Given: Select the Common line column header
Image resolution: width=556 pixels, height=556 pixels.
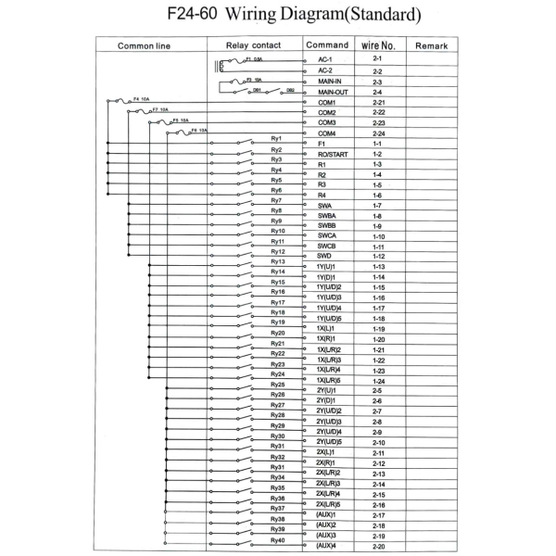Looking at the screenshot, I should tap(149, 45).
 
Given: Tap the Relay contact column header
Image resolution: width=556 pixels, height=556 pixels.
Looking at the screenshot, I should tap(255, 45).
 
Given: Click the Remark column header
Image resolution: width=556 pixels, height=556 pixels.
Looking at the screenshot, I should tap(432, 45).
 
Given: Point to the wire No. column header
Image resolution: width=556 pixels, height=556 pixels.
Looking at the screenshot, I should tap(377, 44).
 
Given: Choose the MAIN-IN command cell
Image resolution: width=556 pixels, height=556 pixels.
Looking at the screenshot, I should tap(331, 82).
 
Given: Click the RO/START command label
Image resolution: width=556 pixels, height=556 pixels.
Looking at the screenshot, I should tap(333, 154).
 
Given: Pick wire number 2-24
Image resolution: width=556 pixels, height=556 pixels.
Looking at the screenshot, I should tap(377, 133).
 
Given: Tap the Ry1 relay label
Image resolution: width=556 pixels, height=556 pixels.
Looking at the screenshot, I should tap(276, 138).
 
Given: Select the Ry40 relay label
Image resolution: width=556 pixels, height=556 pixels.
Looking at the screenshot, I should tap(276, 540).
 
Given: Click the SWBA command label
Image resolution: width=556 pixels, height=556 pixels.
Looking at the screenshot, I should tap(329, 216).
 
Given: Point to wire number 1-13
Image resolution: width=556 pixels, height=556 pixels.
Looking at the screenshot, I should tap(377, 267).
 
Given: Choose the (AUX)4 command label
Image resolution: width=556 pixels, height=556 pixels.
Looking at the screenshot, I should tap(325, 546).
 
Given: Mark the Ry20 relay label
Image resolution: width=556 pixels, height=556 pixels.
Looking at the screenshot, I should tap(276, 333).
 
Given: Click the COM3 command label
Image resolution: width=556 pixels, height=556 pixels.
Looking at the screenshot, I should tap(326, 123).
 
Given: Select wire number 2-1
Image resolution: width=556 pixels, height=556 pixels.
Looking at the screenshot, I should tap(377, 60).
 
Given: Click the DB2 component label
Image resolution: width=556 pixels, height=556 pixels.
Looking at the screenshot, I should tap(290, 91).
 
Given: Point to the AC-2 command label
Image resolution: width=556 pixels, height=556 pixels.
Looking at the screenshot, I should tap(324, 70).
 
